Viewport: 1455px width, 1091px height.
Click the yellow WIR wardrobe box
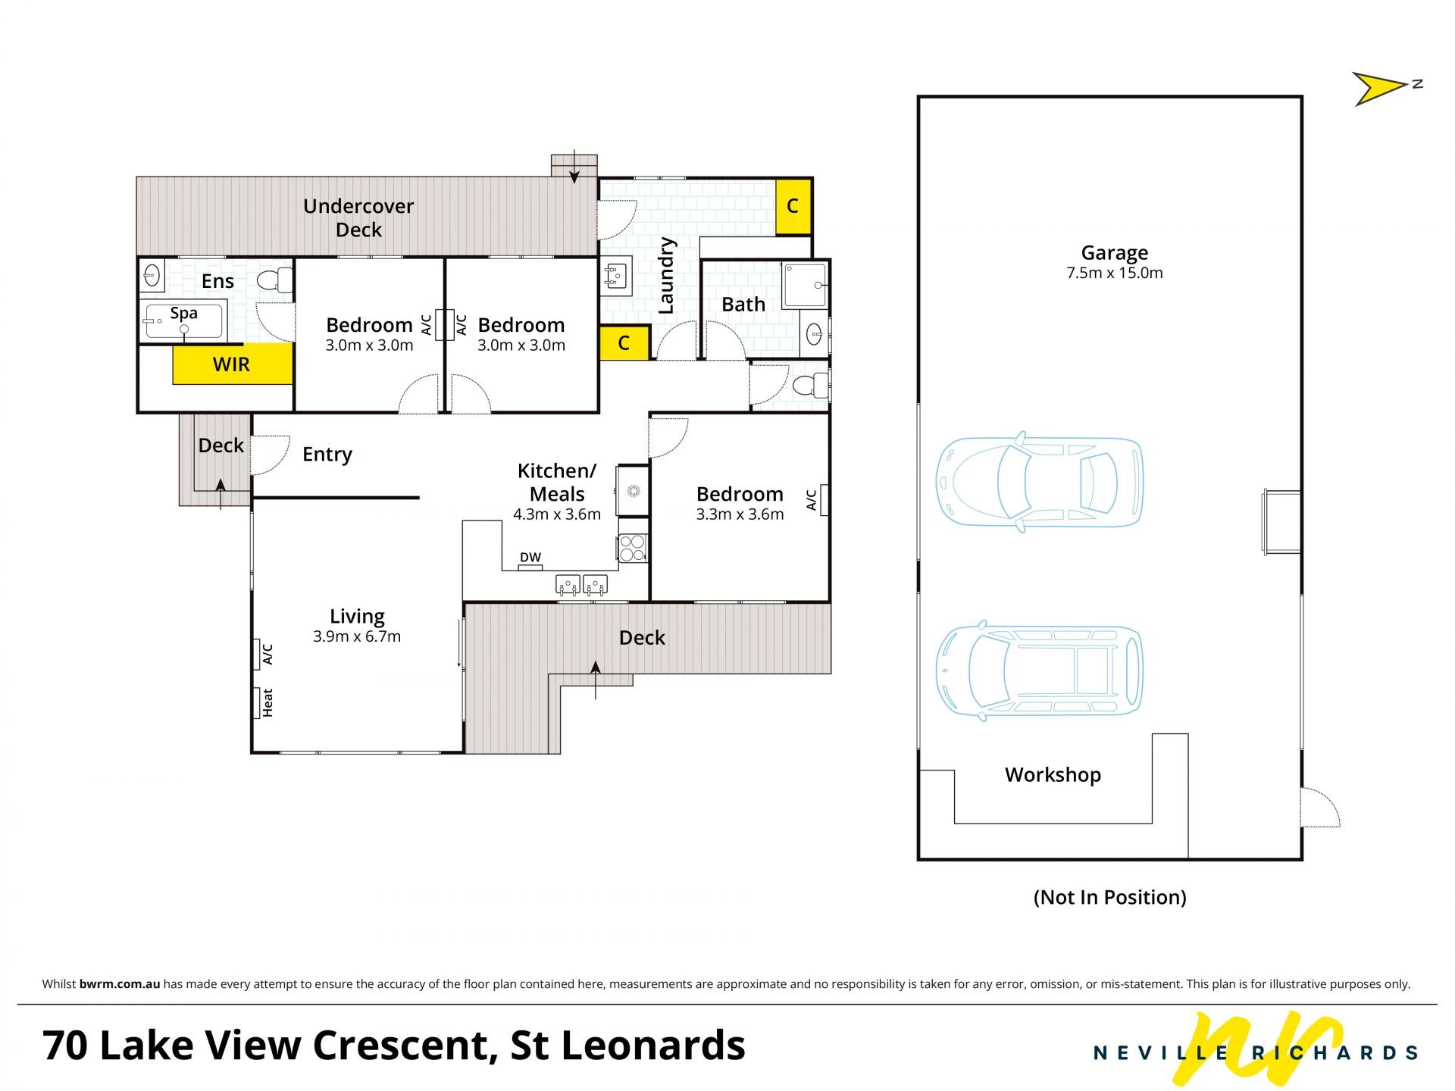pyautogui.click(x=232, y=364)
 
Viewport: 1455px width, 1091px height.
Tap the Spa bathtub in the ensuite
pyautogui.click(x=183, y=322)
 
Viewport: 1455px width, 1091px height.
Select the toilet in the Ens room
pyautogui.click(x=276, y=280)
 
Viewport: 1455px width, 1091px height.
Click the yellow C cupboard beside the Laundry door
pyautogui.click(x=624, y=342)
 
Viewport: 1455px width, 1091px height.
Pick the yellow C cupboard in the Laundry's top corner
pyautogui.click(x=793, y=206)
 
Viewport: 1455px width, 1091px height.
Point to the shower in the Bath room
pyautogui.click(x=805, y=285)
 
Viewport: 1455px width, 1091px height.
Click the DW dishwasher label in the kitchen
pyautogui.click(x=530, y=558)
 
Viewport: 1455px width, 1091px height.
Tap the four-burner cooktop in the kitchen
pyautogui.click(x=632, y=548)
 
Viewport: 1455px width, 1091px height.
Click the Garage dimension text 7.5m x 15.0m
pyautogui.click(x=1114, y=273)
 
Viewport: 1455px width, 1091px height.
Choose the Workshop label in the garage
pyautogui.click(x=1053, y=774)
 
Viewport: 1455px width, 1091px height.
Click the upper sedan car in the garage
pyautogui.click(x=1039, y=482)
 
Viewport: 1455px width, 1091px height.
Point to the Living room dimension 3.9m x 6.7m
pyautogui.click(x=357, y=636)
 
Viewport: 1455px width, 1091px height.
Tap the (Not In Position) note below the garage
pyautogui.click(x=1110, y=897)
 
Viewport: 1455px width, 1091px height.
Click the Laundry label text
pyautogui.click(x=666, y=276)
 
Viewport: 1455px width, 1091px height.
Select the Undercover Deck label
pyautogui.click(x=358, y=217)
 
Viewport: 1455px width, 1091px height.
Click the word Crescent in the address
pyautogui.click(x=400, y=1045)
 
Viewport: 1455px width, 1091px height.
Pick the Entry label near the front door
pyautogui.click(x=327, y=455)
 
